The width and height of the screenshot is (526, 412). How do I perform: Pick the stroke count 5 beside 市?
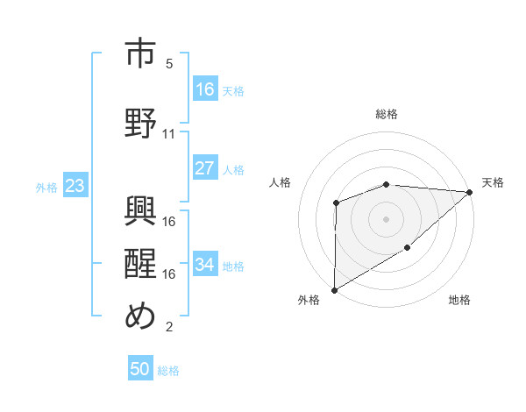(x=169, y=64)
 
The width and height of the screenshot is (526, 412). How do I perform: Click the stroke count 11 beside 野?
(x=169, y=134)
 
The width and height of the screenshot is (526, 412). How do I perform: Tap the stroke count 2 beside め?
(x=169, y=328)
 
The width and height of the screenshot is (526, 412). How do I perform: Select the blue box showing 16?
(x=205, y=89)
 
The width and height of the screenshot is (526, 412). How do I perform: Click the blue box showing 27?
(x=205, y=168)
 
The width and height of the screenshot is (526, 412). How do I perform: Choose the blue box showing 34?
(x=205, y=265)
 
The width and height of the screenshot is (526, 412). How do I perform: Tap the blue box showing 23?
(x=75, y=186)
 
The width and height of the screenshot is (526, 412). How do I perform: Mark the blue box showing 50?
(x=140, y=369)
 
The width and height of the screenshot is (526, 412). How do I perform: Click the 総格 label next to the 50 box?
(x=169, y=371)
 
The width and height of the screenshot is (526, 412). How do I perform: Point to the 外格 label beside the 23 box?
(x=46, y=187)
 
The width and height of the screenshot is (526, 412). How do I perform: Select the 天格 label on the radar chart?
(x=493, y=182)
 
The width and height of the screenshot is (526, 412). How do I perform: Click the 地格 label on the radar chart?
(x=459, y=300)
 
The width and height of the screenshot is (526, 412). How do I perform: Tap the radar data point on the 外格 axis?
(x=334, y=289)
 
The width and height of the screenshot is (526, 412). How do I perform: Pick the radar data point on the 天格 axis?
(x=470, y=192)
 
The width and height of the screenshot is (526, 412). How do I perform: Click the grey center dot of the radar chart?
(x=386, y=218)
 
